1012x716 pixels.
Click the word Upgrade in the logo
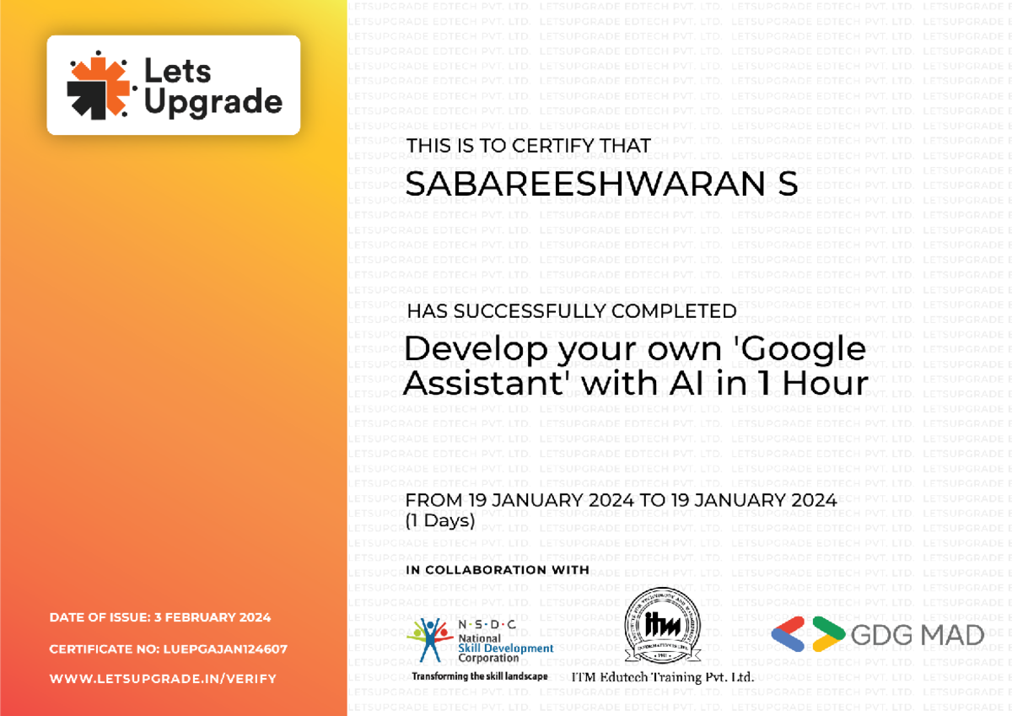pos(213,102)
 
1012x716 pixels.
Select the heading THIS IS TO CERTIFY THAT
pos(529,146)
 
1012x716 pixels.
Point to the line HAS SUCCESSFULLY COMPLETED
pos(572,311)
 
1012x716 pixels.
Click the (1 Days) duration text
pos(440,520)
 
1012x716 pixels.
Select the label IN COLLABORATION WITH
pos(498,570)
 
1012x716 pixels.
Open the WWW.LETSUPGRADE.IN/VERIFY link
pos(163,679)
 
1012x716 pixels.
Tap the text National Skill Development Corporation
pos(505,648)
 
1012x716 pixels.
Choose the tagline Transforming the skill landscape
pos(479,676)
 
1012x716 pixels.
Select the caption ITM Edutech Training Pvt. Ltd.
pos(662,676)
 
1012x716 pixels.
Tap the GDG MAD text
pos(918,635)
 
